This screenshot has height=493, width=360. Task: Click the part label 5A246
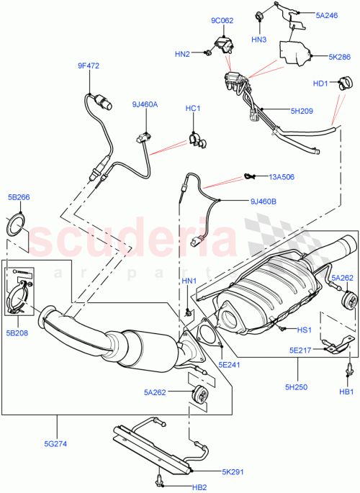[325, 14]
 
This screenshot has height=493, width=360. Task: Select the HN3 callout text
[260, 38]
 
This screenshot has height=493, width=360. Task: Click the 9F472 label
[89, 66]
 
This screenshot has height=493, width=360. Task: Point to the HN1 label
[189, 280]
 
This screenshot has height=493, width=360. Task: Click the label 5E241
[230, 344]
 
